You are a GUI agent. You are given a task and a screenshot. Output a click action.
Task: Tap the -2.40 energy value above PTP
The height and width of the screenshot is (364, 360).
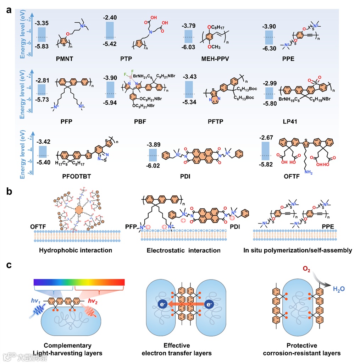110,17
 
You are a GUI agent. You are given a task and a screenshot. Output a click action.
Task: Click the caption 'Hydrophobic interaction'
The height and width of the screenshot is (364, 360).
76,250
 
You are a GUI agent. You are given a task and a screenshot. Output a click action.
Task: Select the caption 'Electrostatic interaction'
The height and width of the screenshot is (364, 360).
183,250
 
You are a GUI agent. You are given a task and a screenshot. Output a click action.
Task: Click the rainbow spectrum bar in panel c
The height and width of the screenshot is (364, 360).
79,282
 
